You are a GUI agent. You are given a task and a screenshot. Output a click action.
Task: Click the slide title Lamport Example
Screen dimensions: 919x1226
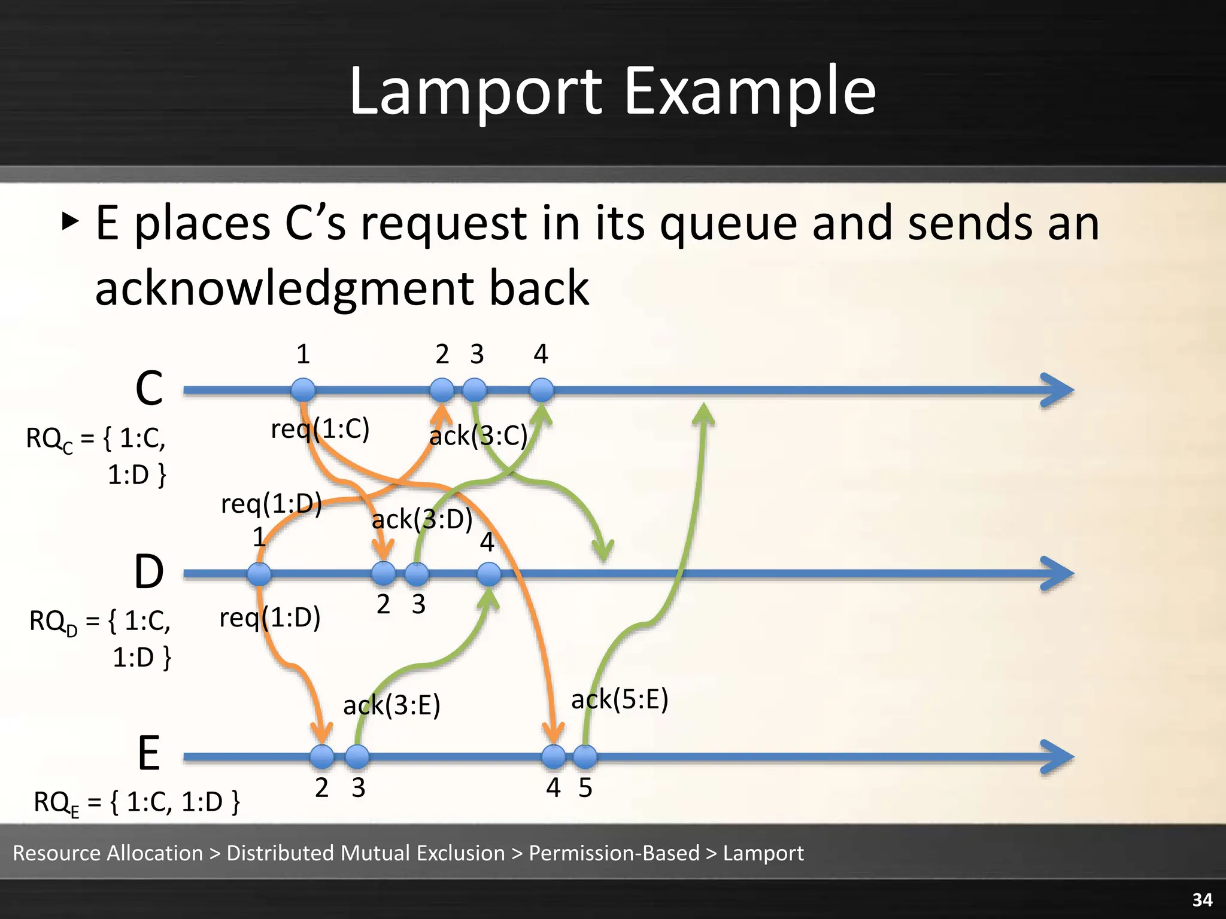click(612, 92)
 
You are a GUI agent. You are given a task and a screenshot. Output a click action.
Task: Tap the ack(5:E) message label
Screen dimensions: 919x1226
click(620, 699)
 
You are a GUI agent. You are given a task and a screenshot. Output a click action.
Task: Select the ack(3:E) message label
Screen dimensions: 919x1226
click(392, 705)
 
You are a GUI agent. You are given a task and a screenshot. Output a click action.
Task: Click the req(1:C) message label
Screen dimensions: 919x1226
click(320, 429)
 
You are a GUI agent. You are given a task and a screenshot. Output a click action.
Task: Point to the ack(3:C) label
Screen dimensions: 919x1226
click(478, 436)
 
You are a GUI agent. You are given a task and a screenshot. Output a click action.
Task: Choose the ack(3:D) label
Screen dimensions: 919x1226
click(422, 519)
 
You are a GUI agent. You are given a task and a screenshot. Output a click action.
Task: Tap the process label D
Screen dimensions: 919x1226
click(148, 573)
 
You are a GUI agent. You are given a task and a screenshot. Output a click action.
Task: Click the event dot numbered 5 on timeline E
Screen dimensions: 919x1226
click(585, 757)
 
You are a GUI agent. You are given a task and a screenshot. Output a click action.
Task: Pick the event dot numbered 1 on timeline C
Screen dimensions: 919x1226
click(304, 390)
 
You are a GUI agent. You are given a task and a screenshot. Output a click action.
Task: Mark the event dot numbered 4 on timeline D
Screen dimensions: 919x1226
click(489, 574)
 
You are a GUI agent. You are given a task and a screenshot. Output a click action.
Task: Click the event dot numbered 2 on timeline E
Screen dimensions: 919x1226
click(322, 757)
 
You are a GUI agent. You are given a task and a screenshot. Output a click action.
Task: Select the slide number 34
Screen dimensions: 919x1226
click(1202, 900)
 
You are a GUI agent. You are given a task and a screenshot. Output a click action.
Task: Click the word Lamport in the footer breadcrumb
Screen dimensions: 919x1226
click(763, 853)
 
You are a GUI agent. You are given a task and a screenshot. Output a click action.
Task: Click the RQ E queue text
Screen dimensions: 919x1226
click(137, 802)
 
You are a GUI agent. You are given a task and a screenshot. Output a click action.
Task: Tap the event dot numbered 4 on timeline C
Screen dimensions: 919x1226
click(542, 390)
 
